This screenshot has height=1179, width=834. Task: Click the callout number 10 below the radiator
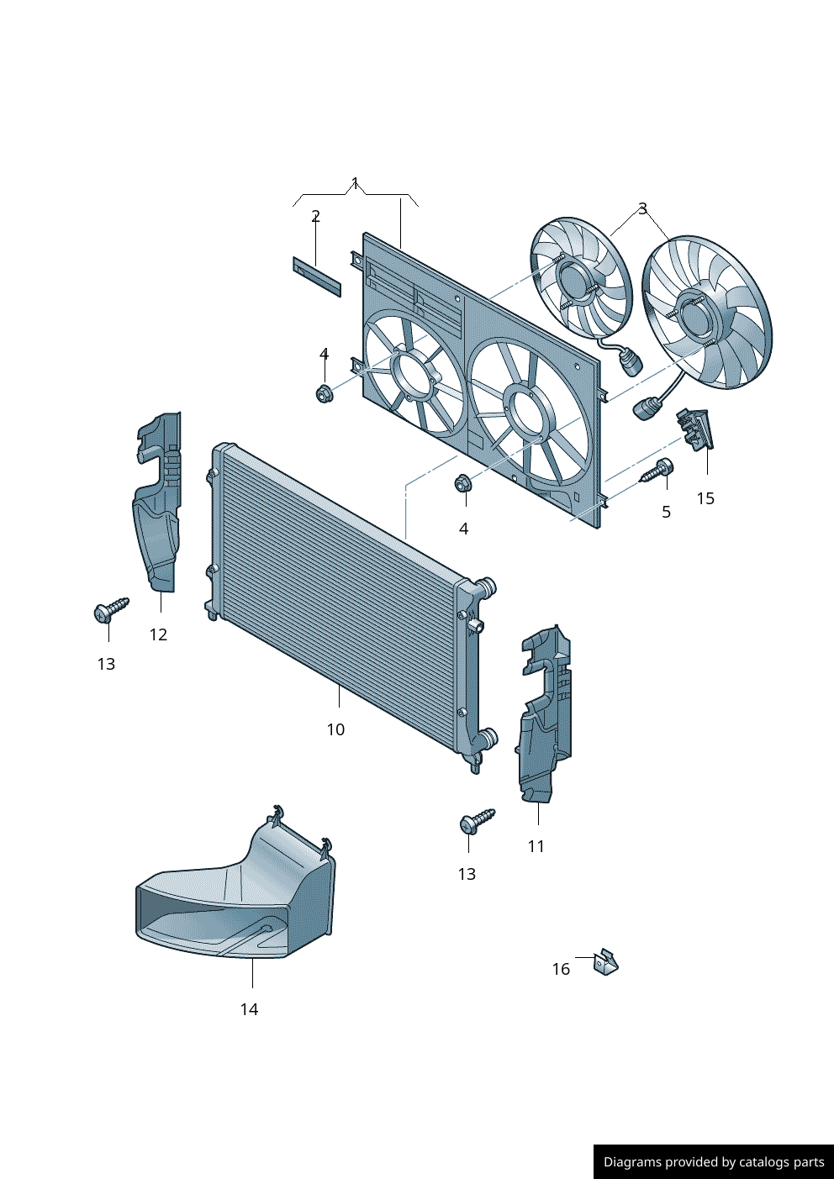[x=335, y=729]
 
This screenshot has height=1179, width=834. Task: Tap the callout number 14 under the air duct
[x=249, y=1009]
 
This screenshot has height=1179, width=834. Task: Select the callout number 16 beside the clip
[x=561, y=969]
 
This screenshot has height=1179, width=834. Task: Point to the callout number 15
[x=705, y=498]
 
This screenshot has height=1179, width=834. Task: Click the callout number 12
[x=158, y=634]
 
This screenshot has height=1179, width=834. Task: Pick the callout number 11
[x=536, y=846]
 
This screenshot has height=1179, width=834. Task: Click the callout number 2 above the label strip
[x=315, y=216]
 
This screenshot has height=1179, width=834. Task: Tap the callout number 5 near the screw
[x=666, y=512]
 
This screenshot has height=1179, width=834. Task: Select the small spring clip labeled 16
[x=606, y=962]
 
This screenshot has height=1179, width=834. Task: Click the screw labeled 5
[x=657, y=471]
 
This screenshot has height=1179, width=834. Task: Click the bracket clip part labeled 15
[x=695, y=429]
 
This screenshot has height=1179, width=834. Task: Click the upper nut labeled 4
[x=323, y=392]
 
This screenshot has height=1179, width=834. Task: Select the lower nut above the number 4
[x=462, y=484]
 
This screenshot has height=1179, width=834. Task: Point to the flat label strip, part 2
[x=317, y=276]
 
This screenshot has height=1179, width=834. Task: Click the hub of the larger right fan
[x=697, y=315]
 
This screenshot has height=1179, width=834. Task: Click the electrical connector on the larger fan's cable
[x=646, y=409]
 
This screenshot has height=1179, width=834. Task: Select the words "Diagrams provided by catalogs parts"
[x=714, y=1162]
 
